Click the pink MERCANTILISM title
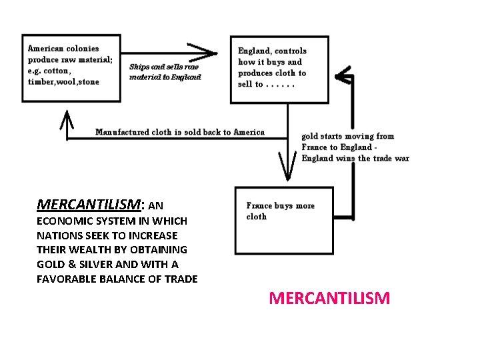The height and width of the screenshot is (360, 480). tap(329, 298)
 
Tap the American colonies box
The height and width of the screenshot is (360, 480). tap(71, 67)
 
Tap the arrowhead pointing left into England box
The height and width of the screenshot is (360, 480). tap(343, 76)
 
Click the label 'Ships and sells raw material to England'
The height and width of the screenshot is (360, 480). tap(165, 71)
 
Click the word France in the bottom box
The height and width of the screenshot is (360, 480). tap(259, 206)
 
